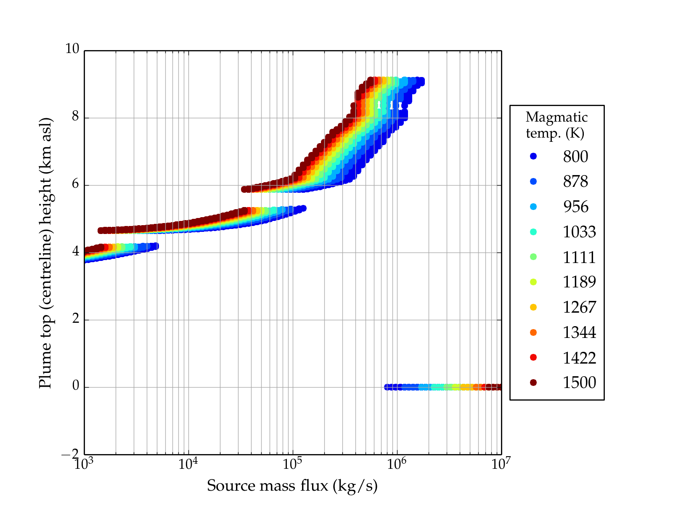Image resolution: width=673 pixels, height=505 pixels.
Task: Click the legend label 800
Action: (x=575, y=157)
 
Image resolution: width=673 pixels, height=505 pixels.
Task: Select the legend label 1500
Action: (x=579, y=383)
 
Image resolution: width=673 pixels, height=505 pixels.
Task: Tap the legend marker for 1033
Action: (x=533, y=232)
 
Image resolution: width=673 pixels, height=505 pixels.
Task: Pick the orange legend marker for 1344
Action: (x=533, y=332)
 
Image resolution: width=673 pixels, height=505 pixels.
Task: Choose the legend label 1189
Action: (x=579, y=282)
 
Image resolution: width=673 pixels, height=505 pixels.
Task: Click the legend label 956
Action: (x=575, y=207)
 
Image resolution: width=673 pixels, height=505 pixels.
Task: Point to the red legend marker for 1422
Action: (x=533, y=357)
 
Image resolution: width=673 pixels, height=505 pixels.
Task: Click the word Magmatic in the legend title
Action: (x=556, y=117)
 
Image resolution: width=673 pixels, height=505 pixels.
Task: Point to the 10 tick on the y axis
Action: (x=72, y=49)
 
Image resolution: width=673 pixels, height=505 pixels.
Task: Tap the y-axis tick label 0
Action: (x=76, y=386)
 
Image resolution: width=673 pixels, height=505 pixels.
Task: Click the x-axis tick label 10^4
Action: (x=188, y=464)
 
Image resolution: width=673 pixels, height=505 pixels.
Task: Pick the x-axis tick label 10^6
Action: (x=397, y=464)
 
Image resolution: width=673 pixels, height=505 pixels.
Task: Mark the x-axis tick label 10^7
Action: (x=501, y=464)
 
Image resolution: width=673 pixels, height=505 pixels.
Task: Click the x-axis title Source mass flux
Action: (x=292, y=486)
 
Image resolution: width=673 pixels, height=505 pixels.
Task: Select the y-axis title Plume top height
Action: (x=45, y=252)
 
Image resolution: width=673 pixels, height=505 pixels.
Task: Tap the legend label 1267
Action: (x=579, y=307)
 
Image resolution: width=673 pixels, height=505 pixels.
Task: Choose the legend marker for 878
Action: (x=533, y=181)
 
